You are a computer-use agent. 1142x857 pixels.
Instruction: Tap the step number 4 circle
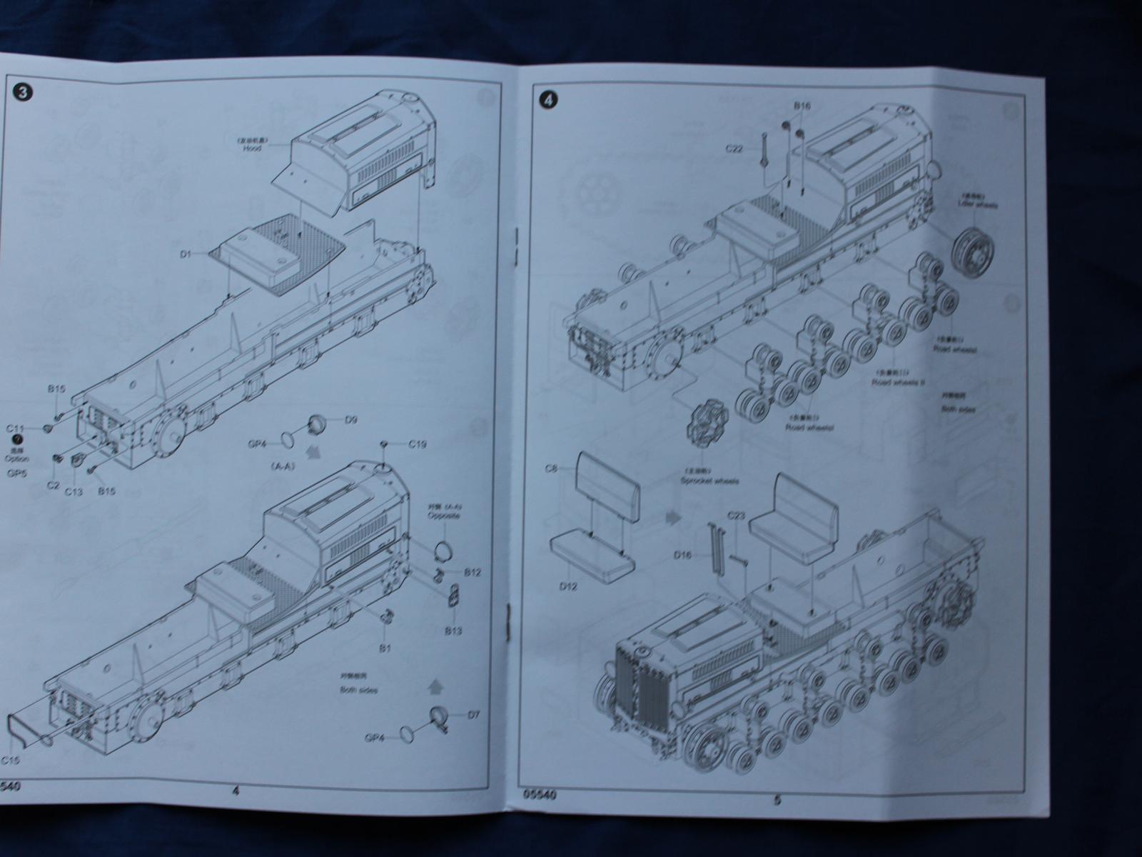click(547, 100)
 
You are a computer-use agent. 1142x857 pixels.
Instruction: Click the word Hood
click(252, 148)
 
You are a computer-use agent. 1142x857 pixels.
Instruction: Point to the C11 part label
click(16, 428)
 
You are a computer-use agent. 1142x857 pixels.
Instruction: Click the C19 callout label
click(418, 444)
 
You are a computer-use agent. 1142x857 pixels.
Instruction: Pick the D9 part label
click(350, 419)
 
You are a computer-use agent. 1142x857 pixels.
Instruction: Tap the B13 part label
click(453, 631)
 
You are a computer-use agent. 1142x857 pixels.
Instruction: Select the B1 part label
click(385, 648)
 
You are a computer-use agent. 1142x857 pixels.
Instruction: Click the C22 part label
click(735, 149)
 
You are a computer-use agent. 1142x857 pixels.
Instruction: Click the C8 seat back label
click(551, 468)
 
